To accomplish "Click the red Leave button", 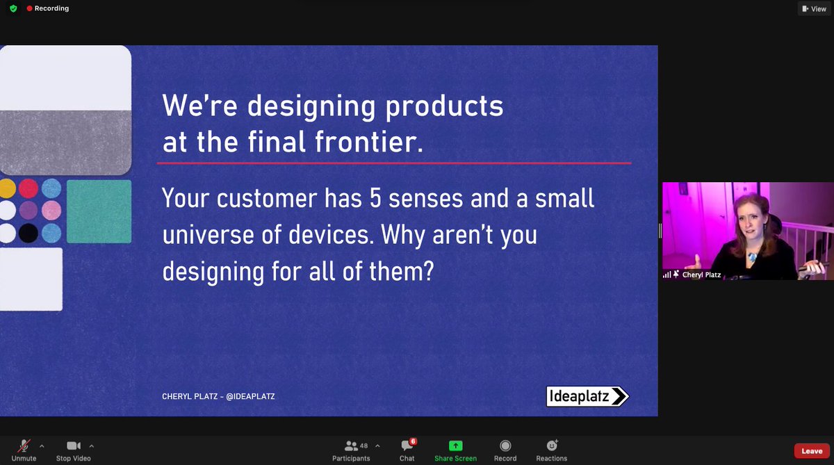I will (x=811, y=451).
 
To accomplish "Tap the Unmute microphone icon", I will (x=24, y=446).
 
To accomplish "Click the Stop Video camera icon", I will (x=73, y=446).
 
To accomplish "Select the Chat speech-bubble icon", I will (x=407, y=446).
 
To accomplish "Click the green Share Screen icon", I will (x=455, y=446).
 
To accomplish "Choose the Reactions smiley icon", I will (x=552, y=446).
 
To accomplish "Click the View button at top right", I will (x=814, y=9).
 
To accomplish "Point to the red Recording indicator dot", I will (x=29, y=9).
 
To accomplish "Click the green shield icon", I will (x=13, y=9).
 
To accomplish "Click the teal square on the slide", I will (x=99, y=211).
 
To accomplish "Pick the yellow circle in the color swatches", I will (x=7, y=188).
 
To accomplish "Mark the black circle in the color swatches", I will (x=28, y=232).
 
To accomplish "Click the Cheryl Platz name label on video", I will (x=702, y=275).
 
